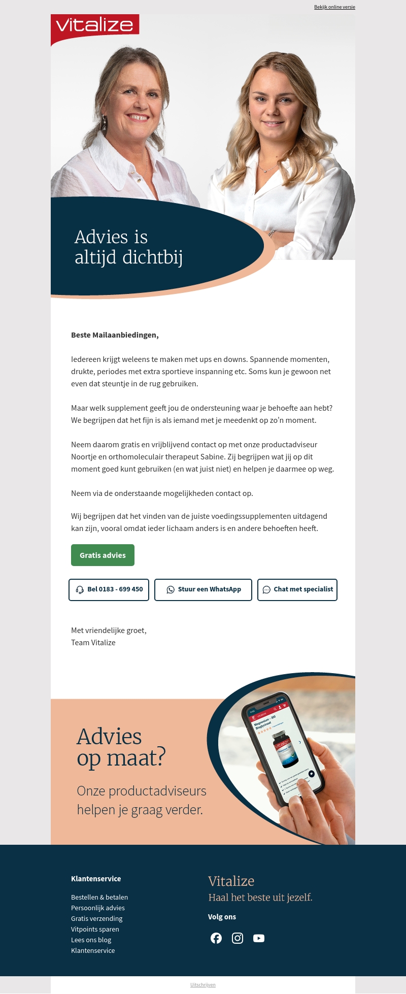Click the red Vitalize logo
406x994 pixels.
tap(95, 25)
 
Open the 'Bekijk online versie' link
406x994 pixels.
tap(334, 7)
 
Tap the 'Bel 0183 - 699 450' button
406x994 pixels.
tap(109, 589)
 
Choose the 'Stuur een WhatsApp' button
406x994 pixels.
tap(203, 589)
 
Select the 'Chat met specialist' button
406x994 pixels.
tap(297, 589)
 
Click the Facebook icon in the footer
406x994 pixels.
tap(216, 938)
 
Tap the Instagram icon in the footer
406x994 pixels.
tap(238, 938)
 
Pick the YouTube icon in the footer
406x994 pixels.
tap(259, 938)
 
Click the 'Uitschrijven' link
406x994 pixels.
tap(203, 985)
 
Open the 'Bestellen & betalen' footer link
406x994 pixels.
tap(99, 897)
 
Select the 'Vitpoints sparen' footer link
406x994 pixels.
tap(95, 929)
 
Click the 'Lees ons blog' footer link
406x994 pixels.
tap(91, 940)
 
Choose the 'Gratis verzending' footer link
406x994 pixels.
tap(96, 918)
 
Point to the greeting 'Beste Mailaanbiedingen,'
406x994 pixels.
tap(115, 335)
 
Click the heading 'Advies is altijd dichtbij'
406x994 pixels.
tap(128, 247)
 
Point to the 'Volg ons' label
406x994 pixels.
tap(222, 917)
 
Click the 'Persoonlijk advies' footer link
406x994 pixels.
tap(98, 908)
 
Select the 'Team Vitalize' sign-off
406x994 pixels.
tap(93, 643)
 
